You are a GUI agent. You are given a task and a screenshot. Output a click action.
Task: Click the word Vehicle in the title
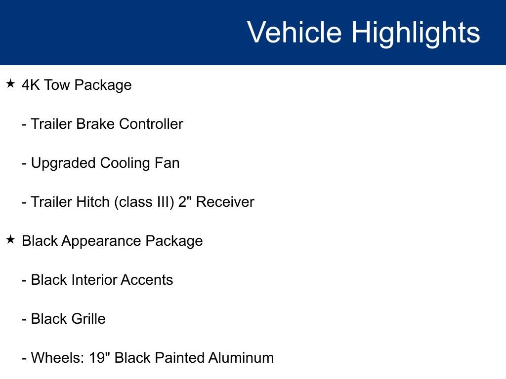tap(294, 33)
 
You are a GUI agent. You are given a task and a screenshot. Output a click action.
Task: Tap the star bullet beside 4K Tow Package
tap(11, 84)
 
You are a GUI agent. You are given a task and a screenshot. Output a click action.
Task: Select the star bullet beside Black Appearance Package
tap(11, 240)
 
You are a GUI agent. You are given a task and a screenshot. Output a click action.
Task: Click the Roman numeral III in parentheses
tap(163, 202)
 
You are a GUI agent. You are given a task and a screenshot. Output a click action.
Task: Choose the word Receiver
tap(225, 202)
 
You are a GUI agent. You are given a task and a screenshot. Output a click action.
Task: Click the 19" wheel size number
tap(99, 358)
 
